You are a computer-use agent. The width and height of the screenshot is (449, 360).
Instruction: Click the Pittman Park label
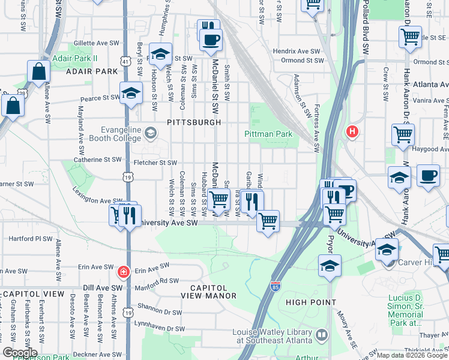point(268,134)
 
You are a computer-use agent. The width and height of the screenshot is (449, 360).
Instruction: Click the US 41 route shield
point(125,61)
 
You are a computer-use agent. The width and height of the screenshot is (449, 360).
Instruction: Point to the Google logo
point(19,353)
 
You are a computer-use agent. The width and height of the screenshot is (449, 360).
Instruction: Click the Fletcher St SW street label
point(155,163)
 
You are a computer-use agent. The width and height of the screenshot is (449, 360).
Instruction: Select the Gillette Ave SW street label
point(97,44)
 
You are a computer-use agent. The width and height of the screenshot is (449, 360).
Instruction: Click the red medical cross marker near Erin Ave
point(124,272)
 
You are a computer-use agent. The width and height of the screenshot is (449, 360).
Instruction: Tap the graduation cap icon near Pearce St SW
point(130,93)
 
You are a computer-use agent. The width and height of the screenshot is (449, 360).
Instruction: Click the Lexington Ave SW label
point(98,201)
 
